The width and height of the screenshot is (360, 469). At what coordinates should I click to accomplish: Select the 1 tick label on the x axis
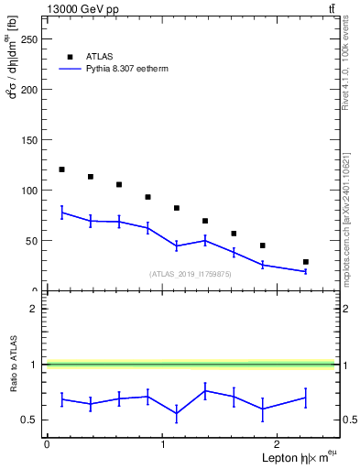[163, 445]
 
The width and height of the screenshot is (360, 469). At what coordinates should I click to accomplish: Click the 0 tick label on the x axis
[47, 445]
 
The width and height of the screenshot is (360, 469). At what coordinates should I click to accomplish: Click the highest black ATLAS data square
[61, 169]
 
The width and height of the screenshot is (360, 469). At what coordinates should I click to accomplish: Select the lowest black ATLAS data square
[305, 262]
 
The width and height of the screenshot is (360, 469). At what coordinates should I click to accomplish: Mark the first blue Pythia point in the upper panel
[61, 213]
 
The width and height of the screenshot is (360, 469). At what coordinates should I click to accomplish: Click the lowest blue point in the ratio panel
[176, 413]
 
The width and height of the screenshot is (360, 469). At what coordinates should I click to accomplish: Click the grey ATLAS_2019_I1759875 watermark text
[191, 274]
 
